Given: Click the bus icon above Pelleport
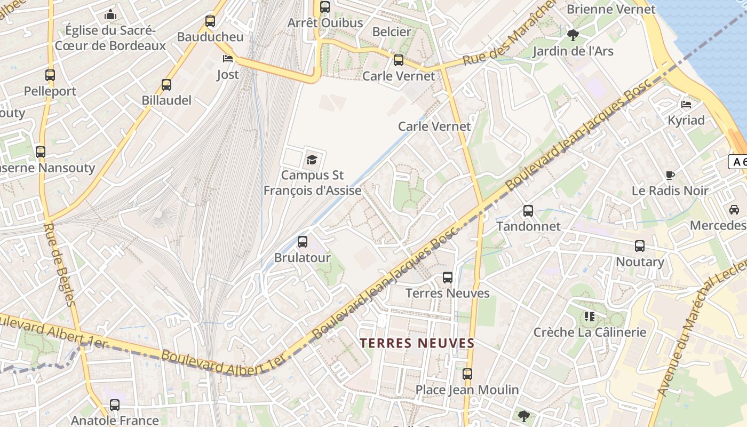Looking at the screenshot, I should tap(50, 75).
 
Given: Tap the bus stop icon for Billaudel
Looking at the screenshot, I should tap(166, 85).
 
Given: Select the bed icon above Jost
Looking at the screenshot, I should tap(228, 59).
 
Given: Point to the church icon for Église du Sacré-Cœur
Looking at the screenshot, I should tap(110, 14).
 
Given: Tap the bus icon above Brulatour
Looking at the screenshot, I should tap(303, 242).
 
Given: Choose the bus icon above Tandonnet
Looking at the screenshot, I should tap(528, 211).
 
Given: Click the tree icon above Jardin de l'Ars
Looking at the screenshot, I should tap(574, 35).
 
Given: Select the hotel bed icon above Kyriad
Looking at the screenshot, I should tap(686, 104).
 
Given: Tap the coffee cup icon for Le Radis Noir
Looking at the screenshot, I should tap(671, 175).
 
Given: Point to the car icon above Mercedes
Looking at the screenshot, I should tap(734, 210).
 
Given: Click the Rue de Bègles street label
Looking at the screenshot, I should tap(59, 264).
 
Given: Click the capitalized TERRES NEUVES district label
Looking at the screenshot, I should tap(417, 343).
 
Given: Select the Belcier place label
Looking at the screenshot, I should tap(392, 32).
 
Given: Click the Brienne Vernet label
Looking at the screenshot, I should tap(611, 9).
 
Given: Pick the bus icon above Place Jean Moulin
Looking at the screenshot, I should tap(467, 374).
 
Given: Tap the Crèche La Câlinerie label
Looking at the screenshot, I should tap(590, 333).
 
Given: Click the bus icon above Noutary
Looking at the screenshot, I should tap(640, 246).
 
